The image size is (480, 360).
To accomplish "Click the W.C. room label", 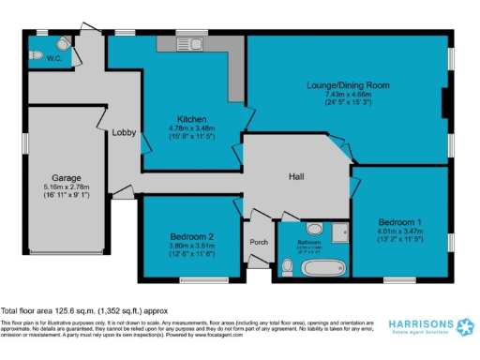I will [41, 57].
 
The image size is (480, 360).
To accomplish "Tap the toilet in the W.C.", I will [61, 43].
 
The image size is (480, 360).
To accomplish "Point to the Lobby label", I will [124, 132].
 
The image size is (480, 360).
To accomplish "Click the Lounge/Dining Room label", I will [348, 85].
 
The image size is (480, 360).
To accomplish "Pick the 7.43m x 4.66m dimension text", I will [348, 95].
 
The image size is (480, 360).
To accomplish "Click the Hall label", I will [295, 175].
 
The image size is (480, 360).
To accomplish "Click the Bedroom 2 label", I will [192, 235].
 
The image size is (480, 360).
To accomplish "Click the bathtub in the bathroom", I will [310, 267].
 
